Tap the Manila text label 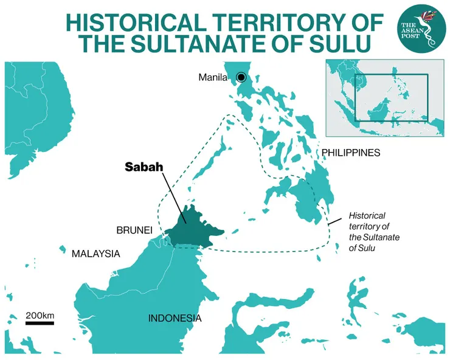click(212, 77)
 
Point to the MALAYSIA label click(96, 254)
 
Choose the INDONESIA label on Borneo click(175, 318)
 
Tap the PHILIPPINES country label click(351, 153)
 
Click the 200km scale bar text click(40, 315)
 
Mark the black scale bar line click(40, 323)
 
